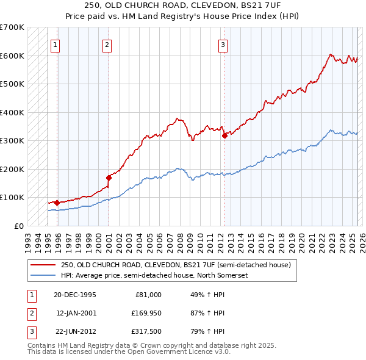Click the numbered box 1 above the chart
tap(55, 44)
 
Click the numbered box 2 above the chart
tap(107, 44)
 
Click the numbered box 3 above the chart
tap(223, 44)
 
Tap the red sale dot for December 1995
tap(57, 203)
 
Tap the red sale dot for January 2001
tap(109, 178)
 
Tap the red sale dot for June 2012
tap(224, 135)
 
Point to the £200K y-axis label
tap(12, 169)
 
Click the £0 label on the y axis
tap(18, 226)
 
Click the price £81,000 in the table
tap(148, 295)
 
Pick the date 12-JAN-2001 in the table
tap(76, 313)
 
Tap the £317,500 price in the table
tap(146, 331)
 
